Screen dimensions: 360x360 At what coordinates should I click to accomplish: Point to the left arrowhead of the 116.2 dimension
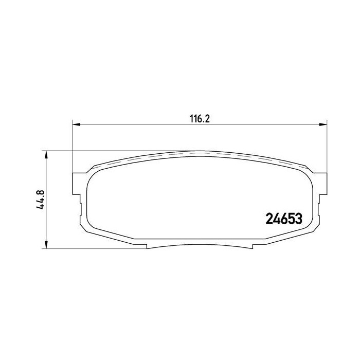[x=76, y=124]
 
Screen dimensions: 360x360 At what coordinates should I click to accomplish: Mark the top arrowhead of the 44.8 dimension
[x=46, y=154]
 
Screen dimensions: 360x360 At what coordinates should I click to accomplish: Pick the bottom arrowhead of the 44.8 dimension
[x=46, y=244]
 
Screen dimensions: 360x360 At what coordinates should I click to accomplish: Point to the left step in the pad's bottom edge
[x=148, y=245]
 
